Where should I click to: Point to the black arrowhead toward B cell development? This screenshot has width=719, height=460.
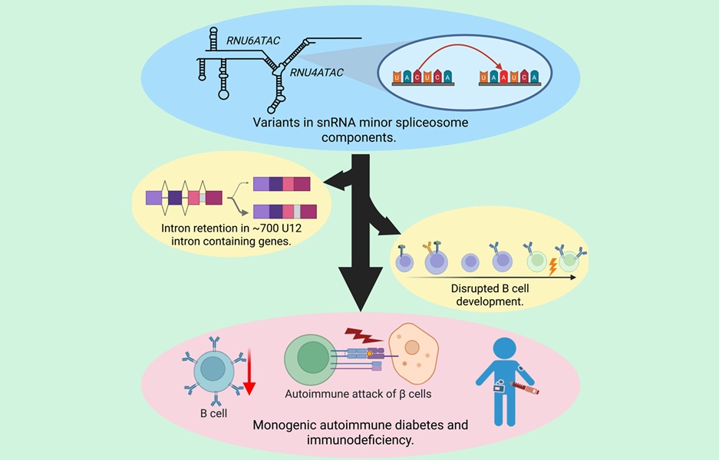(390, 226)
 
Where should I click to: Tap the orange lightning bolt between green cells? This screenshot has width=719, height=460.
(552, 265)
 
